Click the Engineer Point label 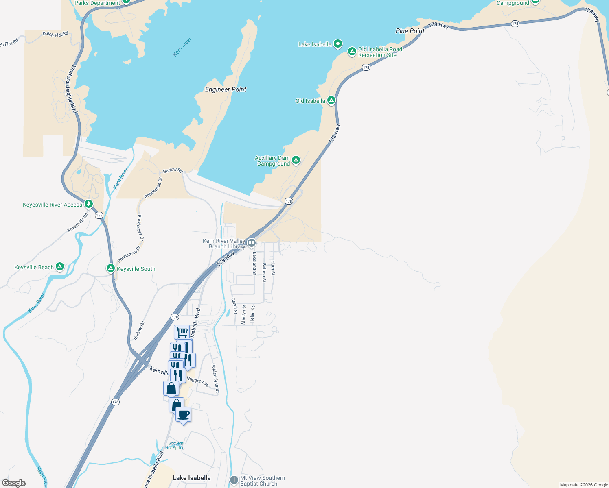click(x=226, y=89)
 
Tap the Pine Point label click(x=410, y=31)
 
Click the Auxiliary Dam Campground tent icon click(x=296, y=160)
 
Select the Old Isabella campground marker click(x=331, y=100)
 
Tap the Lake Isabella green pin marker click(x=337, y=44)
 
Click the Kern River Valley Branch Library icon click(x=252, y=243)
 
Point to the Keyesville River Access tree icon click(x=89, y=203)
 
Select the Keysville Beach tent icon click(x=60, y=267)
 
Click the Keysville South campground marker click(x=110, y=268)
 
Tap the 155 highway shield click(x=99, y=215)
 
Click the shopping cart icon click(x=182, y=332)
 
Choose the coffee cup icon click(x=184, y=414)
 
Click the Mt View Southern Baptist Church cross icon click(x=234, y=480)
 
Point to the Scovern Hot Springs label click(x=176, y=446)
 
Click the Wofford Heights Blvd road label click(x=71, y=89)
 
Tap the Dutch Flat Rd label click(x=55, y=34)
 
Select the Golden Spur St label click(x=215, y=378)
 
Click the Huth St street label click(x=273, y=268)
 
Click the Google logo click(x=14, y=483)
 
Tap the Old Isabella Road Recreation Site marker click(x=352, y=52)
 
